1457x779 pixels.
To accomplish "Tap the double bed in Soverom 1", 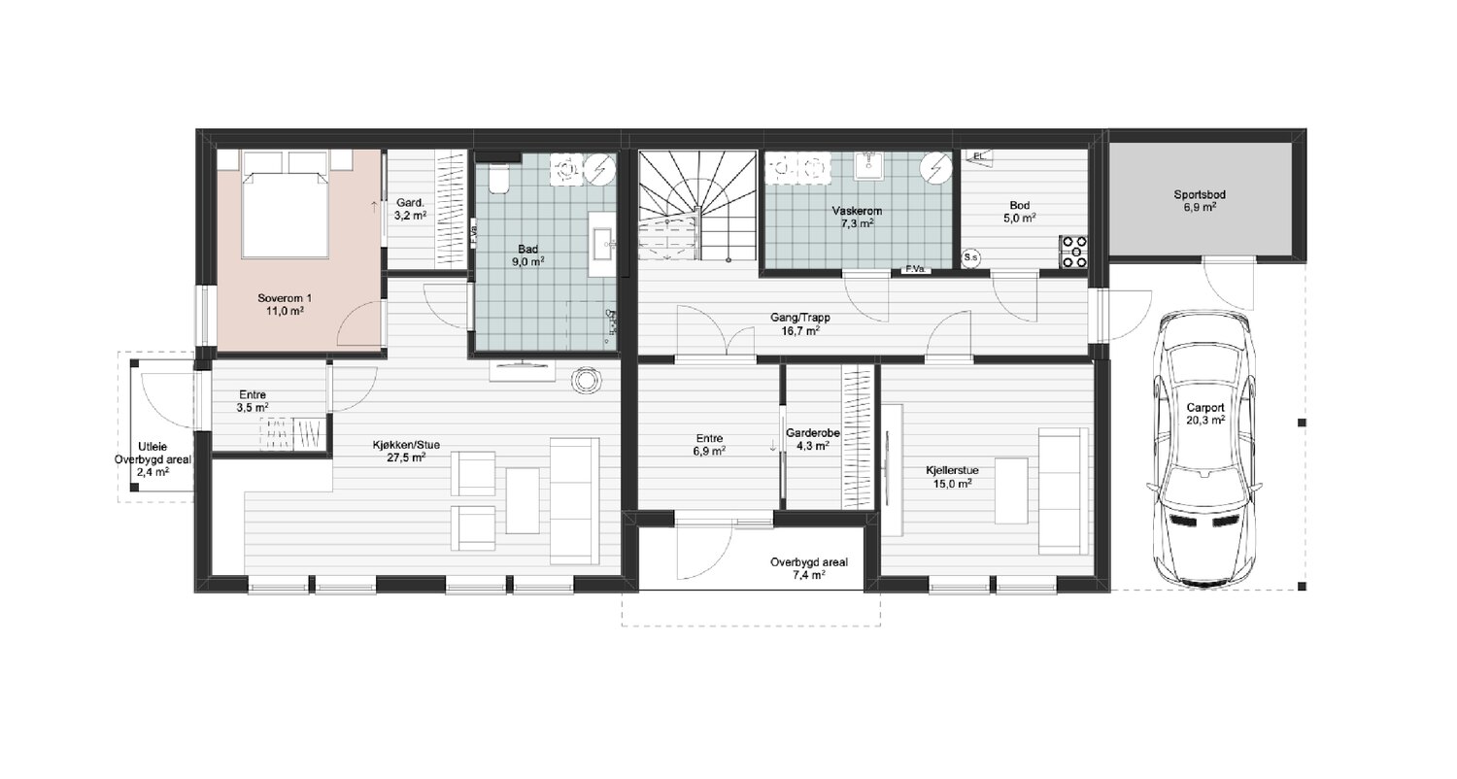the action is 284,204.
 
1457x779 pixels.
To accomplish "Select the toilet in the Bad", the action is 499,178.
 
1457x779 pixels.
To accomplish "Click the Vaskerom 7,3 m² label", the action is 857,218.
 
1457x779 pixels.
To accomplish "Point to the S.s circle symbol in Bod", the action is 970,257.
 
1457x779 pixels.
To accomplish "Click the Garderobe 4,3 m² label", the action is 812,439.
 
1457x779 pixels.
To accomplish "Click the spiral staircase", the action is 697,206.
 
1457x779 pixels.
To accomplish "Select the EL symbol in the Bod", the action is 979,156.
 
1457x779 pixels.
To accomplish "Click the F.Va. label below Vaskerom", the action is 915,269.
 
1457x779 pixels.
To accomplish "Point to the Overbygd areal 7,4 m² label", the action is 808,568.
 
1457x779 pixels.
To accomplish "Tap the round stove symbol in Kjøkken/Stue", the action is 586,381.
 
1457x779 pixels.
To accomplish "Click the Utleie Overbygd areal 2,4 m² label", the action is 152,459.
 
